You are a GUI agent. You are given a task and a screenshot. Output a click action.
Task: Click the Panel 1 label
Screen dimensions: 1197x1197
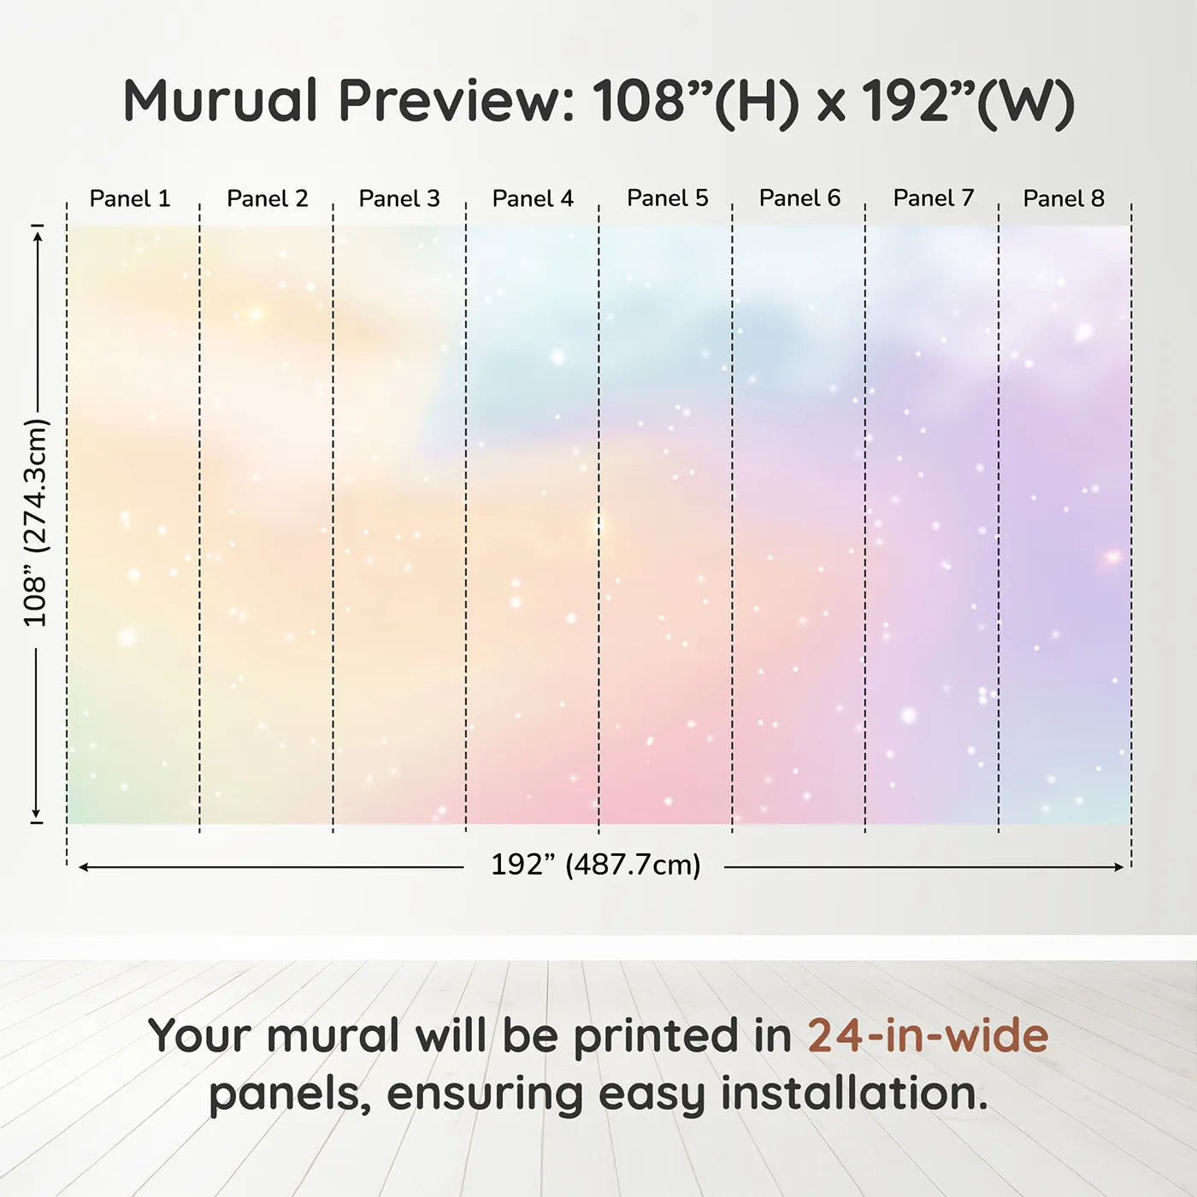click(130, 198)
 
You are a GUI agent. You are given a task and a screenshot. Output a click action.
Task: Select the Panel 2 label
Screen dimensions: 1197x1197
click(267, 198)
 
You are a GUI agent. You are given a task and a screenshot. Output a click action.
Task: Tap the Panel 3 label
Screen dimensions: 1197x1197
click(399, 198)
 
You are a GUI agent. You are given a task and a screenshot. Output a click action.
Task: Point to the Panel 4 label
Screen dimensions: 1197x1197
click(533, 198)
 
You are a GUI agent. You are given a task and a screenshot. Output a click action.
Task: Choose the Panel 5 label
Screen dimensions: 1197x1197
click(668, 198)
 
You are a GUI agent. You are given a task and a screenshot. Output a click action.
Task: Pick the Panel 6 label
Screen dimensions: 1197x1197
click(800, 198)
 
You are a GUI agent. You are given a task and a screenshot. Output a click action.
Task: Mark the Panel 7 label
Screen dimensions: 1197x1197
click(934, 198)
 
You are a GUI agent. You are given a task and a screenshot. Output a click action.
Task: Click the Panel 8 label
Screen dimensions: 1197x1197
click(1064, 198)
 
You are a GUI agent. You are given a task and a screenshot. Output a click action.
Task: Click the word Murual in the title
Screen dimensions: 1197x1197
click(221, 100)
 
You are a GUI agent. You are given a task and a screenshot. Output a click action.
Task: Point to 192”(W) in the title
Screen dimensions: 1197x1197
click(969, 103)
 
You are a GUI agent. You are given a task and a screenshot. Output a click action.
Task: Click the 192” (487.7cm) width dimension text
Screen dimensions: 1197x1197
click(596, 864)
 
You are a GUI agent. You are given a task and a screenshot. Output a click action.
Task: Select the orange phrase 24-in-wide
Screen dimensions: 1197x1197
click(928, 1035)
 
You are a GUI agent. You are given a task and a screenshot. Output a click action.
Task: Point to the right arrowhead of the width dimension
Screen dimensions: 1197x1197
click(1118, 867)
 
